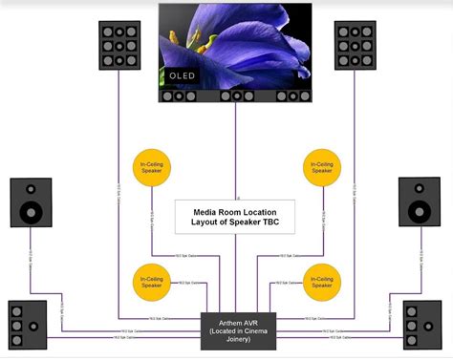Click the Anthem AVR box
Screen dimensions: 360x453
[236, 331]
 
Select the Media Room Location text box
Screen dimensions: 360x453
[235, 217]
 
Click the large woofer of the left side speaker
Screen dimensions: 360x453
[32, 210]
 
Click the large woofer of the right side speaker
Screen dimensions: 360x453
[420, 210]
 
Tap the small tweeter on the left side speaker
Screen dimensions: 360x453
[32, 188]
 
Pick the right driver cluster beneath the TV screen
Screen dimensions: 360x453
[293, 95]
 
